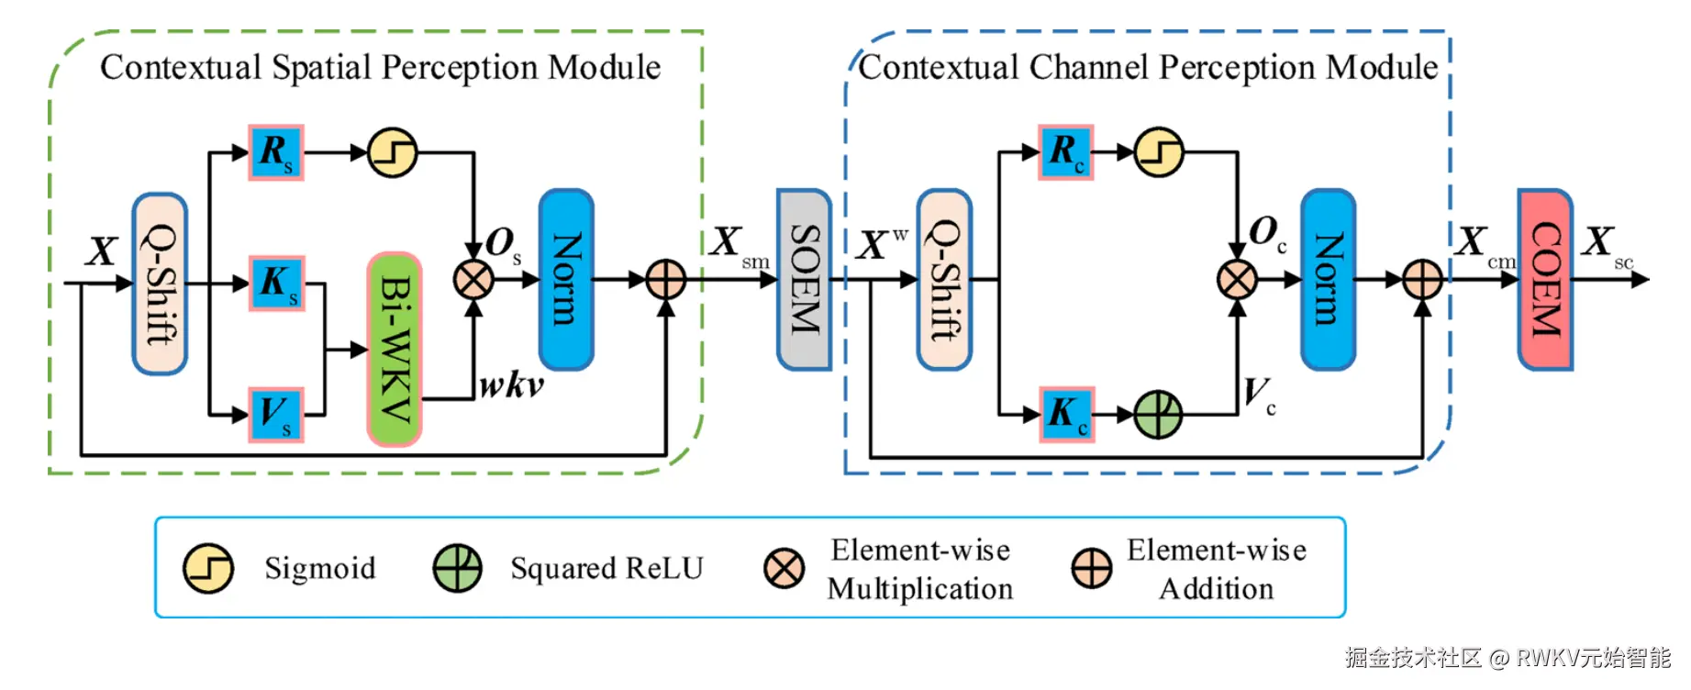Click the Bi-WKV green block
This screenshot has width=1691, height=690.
coord(395,349)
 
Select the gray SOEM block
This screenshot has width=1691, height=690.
coord(804,279)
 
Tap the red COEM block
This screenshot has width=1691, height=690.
coord(1545,279)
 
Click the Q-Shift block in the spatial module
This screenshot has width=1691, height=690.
coord(160,283)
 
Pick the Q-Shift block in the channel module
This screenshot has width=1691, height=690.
coord(944,279)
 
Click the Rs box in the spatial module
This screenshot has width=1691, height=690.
coord(276,152)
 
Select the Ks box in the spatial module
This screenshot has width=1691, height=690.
coord(276,283)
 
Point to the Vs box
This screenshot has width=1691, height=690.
coord(276,414)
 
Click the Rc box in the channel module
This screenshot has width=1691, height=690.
coord(1066,152)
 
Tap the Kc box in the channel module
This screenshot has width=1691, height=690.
coord(1066,414)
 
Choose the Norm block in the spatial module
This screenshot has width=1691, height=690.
coord(566,279)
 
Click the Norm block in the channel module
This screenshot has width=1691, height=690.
coord(1328,279)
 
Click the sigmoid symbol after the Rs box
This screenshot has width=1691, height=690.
coord(393,152)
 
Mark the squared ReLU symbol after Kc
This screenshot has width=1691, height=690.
coord(1158,414)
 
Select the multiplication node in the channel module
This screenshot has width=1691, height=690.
coord(1237,280)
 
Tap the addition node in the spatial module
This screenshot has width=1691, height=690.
coord(666,280)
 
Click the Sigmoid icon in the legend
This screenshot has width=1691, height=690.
coord(208,568)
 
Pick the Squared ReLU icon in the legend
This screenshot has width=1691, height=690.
coord(457,568)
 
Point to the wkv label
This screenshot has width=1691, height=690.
coord(511,385)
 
